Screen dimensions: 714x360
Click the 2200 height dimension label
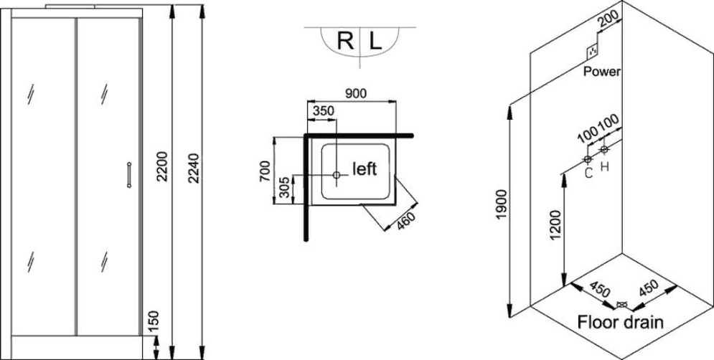coord(163,166)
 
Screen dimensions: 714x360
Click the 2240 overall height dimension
coord(194,168)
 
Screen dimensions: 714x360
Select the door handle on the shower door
coord(129,175)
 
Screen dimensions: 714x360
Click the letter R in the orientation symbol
coord(345,42)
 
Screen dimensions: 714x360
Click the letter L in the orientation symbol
coord(375,42)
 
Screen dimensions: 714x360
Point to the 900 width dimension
coord(356,94)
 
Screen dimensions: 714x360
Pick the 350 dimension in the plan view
coord(323,110)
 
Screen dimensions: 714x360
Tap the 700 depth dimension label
coord(265,171)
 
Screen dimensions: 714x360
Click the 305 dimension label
coord(284,187)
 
